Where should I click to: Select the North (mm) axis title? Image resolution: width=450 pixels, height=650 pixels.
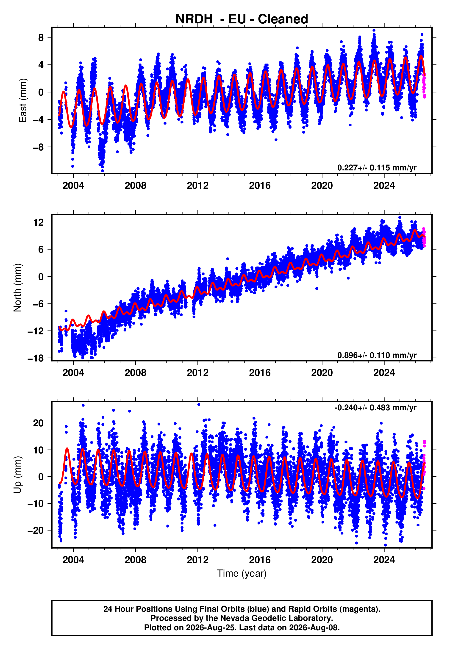[17, 288]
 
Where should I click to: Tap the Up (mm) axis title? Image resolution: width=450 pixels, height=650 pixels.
[17, 475]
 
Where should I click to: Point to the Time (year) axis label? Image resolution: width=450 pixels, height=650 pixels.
[242, 573]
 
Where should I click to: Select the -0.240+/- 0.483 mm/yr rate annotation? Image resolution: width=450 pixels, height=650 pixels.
[375, 408]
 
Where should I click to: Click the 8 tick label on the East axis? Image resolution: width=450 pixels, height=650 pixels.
[41, 37]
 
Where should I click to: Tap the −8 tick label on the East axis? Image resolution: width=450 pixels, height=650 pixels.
[38, 147]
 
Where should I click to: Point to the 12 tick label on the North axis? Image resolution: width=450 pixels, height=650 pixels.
[39, 222]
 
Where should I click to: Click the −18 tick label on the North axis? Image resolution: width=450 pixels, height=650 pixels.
[36, 358]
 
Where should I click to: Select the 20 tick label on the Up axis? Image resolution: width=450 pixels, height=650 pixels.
[38, 423]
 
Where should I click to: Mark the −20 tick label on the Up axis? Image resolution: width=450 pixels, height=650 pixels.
[36, 531]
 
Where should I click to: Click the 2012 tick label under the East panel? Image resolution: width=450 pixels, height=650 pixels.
[198, 186]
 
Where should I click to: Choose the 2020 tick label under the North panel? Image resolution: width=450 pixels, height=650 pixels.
[322, 373]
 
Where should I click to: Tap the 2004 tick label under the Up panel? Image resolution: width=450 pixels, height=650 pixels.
[73, 560]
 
